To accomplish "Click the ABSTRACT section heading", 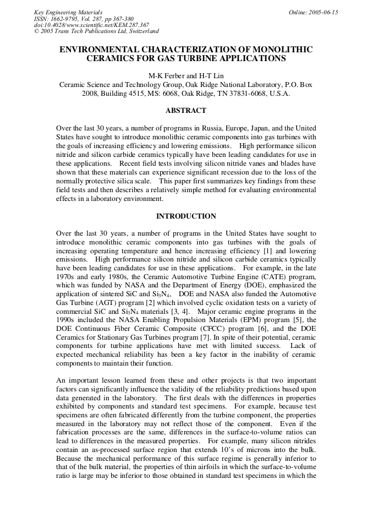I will coord(186,111).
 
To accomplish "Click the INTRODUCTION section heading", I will coord(186,216).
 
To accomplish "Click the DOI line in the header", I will coord(91,25).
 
